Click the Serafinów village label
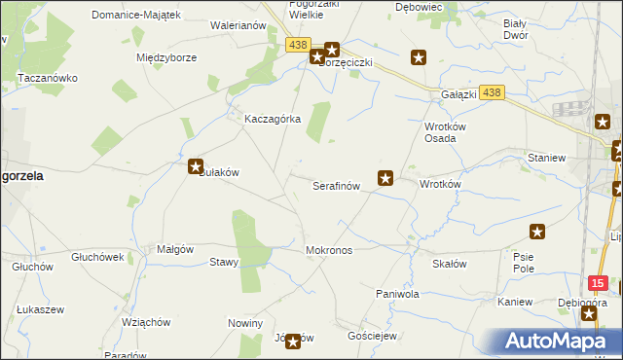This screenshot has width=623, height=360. click(x=336, y=185)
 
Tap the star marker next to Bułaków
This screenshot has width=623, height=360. click(x=196, y=166)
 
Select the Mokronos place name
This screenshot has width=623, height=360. click(x=329, y=250)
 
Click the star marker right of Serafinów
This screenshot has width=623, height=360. click(x=385, y=178)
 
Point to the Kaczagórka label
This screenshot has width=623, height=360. click(x=273, y=119)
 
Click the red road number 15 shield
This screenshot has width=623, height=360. click(x=599, y=282)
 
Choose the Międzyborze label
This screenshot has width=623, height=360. click(x=166, y=57)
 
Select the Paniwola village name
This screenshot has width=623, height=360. click(x=397, y=293)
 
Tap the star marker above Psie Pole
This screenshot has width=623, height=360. click(x=536, y=232)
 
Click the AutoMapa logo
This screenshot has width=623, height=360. click(x=560, y=342)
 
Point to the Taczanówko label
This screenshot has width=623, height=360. click(x=47, y=76)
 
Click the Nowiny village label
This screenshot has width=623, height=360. click(x=245, y=322)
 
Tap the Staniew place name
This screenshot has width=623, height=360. click(x=545, y=157)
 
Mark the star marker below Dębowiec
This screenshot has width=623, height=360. click(x=419, y=58)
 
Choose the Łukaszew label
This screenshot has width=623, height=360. click(x=40, y=309)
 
